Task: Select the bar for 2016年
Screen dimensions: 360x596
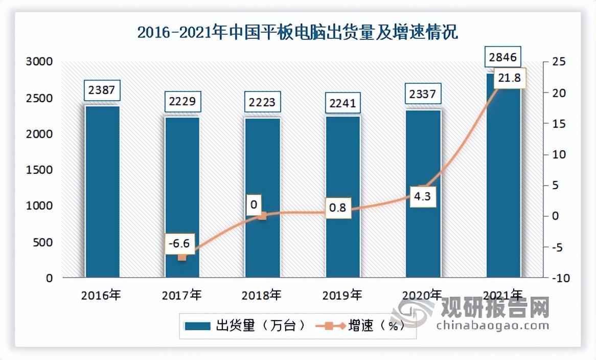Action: pos(102,192)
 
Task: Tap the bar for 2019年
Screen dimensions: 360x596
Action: pos(343,197)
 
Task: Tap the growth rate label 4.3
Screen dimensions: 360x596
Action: pos(422,196)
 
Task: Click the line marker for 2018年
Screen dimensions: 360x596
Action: pos(262,216)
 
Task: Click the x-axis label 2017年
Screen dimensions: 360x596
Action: pos(181,295)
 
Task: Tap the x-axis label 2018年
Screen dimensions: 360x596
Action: pos(262,295)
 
